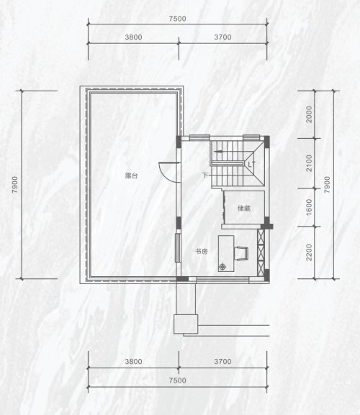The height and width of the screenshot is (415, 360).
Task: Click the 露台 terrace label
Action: click(131, 175)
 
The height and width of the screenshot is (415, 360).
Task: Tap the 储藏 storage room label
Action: click(244, 209)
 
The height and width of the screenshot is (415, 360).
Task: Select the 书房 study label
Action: click(202, 252)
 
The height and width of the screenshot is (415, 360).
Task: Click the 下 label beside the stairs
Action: click(205, 175)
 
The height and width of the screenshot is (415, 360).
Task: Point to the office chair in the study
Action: click(241, 254)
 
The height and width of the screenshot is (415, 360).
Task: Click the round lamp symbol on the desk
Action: click(222, 267)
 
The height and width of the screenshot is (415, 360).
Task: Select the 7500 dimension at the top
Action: click(178, 19)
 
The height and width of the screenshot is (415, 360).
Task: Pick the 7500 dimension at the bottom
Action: click(178, 380)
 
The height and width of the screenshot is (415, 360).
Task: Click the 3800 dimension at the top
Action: click(133, 37)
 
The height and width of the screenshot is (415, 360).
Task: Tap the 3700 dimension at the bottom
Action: click(222, 362)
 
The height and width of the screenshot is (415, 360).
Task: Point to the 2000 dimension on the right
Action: click(309, 114)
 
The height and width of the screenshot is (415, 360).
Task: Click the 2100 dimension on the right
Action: click(309, 163)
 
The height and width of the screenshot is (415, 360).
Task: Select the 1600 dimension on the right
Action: click(309, 207)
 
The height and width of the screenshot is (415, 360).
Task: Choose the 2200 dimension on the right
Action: click(309, 252)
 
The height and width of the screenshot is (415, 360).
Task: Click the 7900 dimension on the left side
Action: click(15, 184)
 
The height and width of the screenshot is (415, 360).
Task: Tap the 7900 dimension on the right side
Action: click(328, 184)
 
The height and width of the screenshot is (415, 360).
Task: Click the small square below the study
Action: click(186, 324)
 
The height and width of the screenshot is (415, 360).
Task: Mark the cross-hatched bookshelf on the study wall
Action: click(261, 253)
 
